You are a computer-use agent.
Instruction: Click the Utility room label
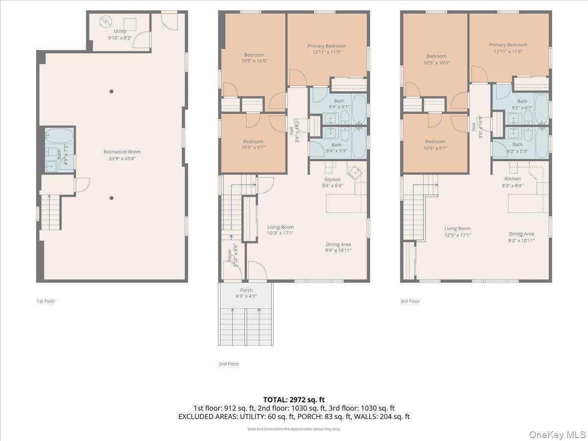pyautogui.click(x=120, y=31)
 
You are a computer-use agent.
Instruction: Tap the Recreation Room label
pyautogui.click(x=122, y=152)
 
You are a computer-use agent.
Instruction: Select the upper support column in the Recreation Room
pyautogui.click(x=112, y=91)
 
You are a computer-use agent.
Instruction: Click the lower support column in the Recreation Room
pyautogui.click(x=112, y=198)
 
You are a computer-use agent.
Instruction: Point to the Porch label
pyautogui.click(x=246, y=290)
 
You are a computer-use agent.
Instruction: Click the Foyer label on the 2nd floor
pyautogui.click(x=229, y=255)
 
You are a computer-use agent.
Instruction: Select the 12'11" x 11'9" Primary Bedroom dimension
pyautogui.click(x=326, y=53)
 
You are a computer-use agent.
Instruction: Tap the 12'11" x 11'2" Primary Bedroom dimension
pyautogui.click(x=508, y=51)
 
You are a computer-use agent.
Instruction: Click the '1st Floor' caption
pyautogui.click(x=46, y=301)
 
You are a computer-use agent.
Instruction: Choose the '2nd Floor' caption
pyautogui.click(x=228, y=364)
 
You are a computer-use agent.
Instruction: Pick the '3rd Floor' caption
pyautogui.click(x=410, y=301)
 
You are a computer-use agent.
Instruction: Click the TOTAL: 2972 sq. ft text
pyautogui.click(x=294, y=400)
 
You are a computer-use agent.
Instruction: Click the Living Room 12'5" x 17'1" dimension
pyautogui.click(x=457, y=235)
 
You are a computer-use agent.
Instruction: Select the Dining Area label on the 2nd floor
pyautogui.click(x=338, y=245)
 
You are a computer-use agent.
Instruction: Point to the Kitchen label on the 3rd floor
pyautogui.click(x=513, y=179)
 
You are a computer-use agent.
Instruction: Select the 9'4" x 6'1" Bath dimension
pyautogui.click(x=339, y=107)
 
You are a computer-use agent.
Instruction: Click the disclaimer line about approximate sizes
pyautogui.click(x=294, y=429)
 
